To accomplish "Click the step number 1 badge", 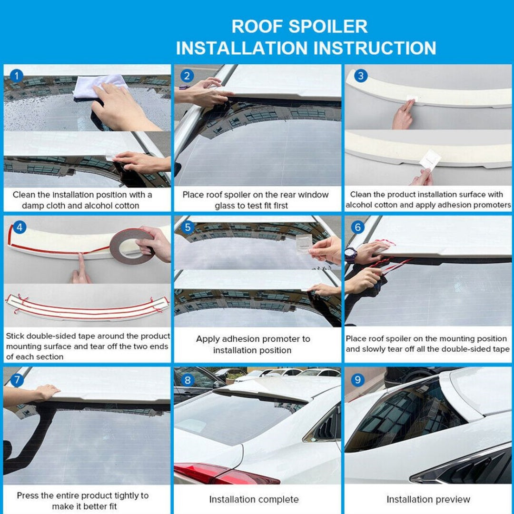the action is [x=16, y=76].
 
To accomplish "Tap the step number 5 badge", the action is [x=188, y=227].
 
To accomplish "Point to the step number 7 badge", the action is [x=17, y=380].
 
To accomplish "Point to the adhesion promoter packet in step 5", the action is [x=304, y=244].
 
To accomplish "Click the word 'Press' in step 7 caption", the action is [x=27, y=495].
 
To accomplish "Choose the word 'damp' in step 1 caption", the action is [x=33, y=206].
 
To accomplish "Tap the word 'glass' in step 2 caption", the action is [x=225, y=206].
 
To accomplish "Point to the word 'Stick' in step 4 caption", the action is [x=15, y=336].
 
